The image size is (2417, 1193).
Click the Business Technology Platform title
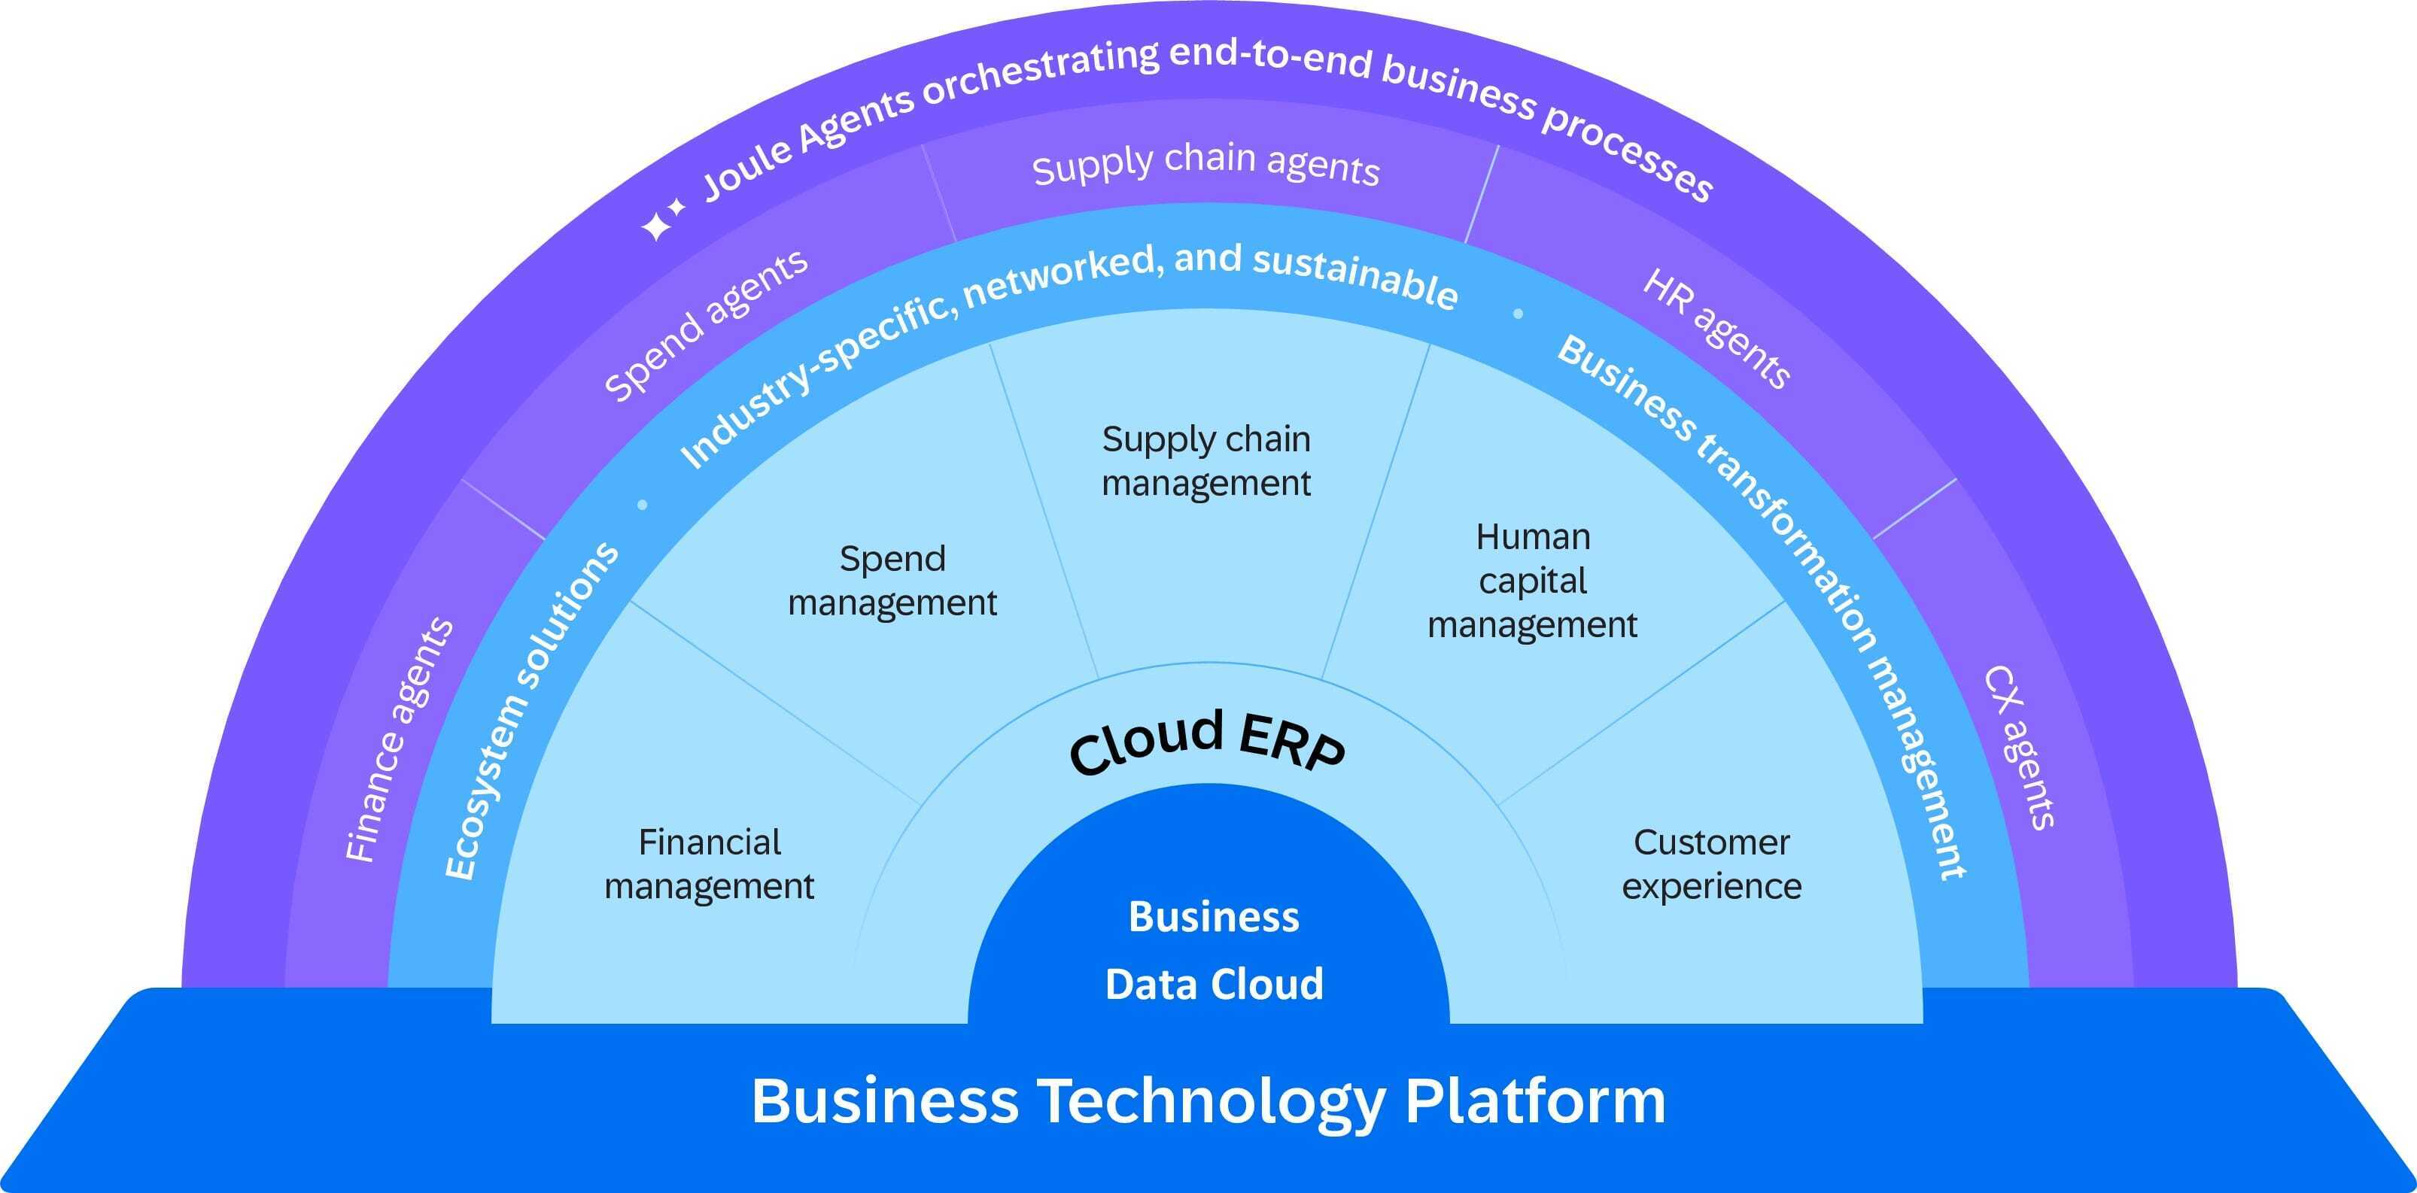1208,1101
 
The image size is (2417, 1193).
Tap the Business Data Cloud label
1214,950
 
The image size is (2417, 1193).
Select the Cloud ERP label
1208,744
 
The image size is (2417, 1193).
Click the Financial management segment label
710,864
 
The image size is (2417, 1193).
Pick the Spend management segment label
892,581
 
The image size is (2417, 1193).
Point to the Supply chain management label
1207,460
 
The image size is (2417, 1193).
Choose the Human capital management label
1532,581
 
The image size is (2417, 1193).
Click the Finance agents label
400,741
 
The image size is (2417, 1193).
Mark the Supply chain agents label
1205,164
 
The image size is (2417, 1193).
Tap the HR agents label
1717,328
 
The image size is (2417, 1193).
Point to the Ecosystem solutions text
530,711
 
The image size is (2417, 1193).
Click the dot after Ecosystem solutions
643,505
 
